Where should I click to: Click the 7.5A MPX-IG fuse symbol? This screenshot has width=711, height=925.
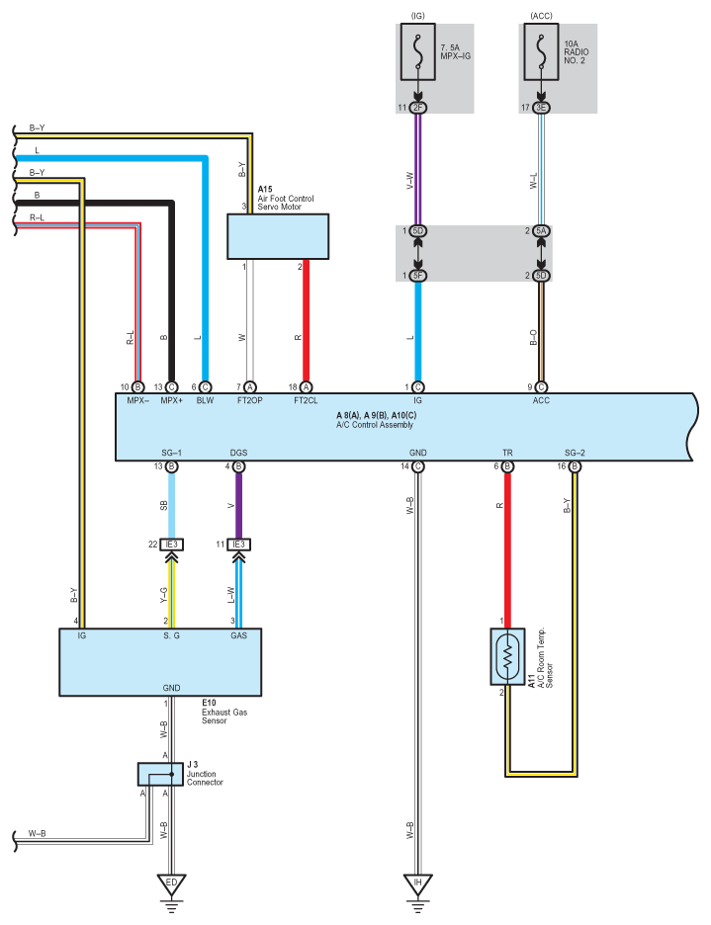click(418, 52)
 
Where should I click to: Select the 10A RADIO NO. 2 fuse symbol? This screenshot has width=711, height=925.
click(541, 52)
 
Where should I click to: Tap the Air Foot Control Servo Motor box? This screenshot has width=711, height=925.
click(278, 236)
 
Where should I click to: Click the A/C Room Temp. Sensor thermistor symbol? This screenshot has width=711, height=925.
click(507, 656)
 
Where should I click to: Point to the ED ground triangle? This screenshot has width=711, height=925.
click(171, 884)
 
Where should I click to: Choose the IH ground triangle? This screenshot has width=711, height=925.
click(418, 884)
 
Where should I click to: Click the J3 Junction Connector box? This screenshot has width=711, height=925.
click(160, 774)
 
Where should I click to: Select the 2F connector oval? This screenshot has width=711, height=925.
click(418, 108)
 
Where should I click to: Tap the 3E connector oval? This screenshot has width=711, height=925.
click(541, 108)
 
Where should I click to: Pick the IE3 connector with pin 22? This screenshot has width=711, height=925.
click(172, 545)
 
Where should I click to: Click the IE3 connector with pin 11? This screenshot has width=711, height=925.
click(238, 545)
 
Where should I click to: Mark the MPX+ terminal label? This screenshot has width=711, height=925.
click(172, 400)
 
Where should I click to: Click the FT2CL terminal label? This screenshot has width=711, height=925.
click(306, 400)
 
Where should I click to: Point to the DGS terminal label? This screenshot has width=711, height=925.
click(238, 453)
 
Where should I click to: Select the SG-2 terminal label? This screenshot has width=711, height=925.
click(575, 453)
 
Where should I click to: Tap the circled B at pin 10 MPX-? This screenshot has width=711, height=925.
click(137, 387)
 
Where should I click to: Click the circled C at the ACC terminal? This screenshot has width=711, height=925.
click(541, 387)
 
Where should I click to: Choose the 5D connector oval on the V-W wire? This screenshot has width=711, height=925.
click(418, 230)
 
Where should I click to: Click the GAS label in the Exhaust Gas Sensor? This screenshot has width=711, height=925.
click(238, 636)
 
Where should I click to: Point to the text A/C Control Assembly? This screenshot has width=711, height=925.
click(375, 425)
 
